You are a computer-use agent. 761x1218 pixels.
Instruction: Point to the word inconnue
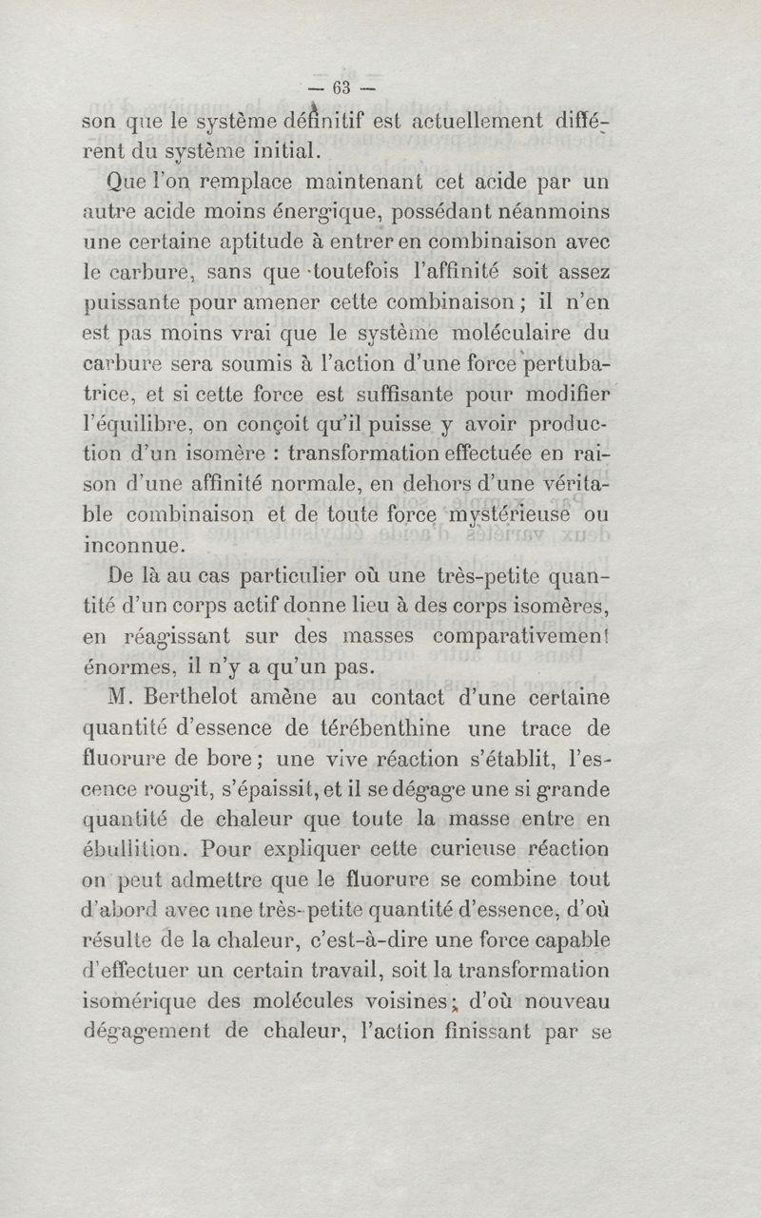point(131,547)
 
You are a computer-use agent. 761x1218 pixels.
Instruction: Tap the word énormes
point(132,667)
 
